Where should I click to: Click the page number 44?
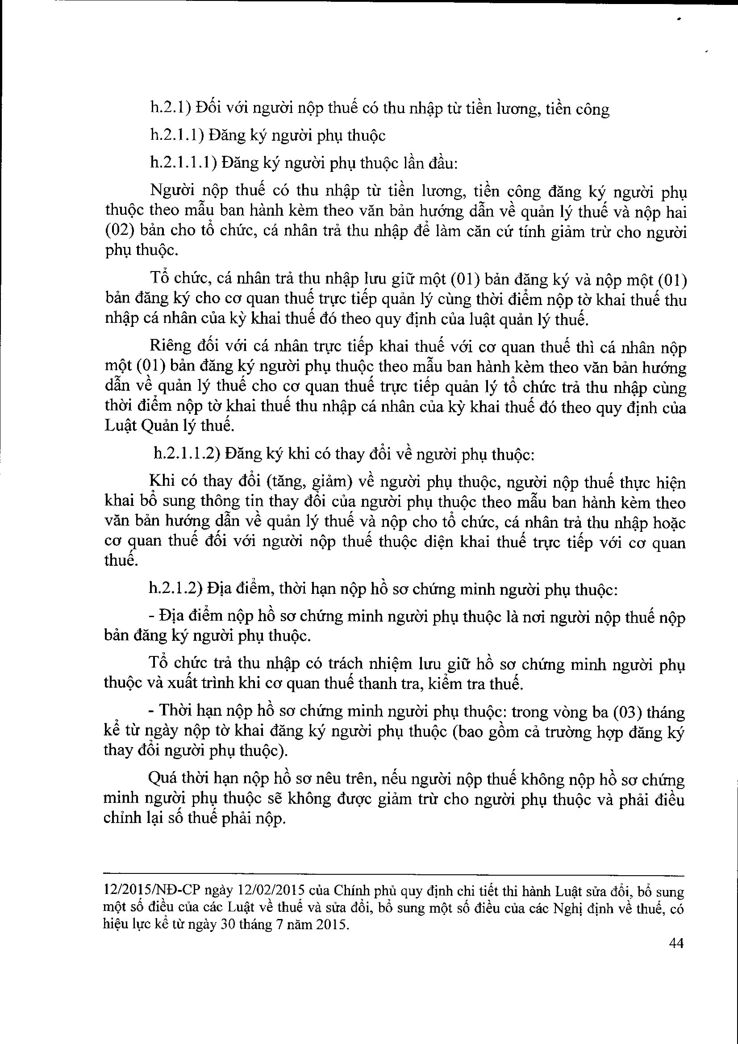[x=676, y=944]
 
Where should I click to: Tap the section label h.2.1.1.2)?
[x=187, y=454]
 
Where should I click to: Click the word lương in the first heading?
[x=514, y=109]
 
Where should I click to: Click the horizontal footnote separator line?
[x=394, y=874]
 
